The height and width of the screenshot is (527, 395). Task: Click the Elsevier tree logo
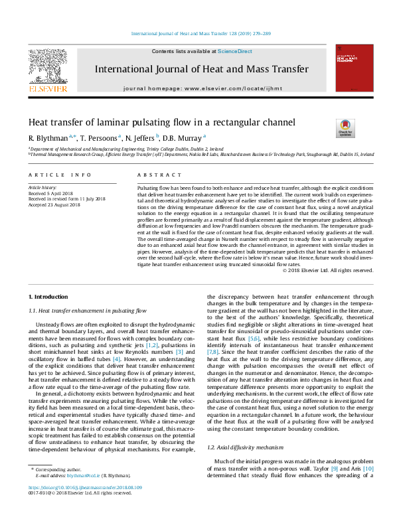coord(47,66)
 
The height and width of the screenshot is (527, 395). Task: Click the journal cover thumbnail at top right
coord(349,67)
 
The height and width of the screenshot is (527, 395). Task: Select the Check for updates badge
coord(346,127)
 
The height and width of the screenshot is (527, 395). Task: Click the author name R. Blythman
coord(48,138)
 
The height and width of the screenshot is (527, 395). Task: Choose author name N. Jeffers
coord(141,138)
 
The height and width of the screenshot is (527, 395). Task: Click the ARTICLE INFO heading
coord(60,175)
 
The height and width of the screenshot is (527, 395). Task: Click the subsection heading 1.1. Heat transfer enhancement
coord(86,310)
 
